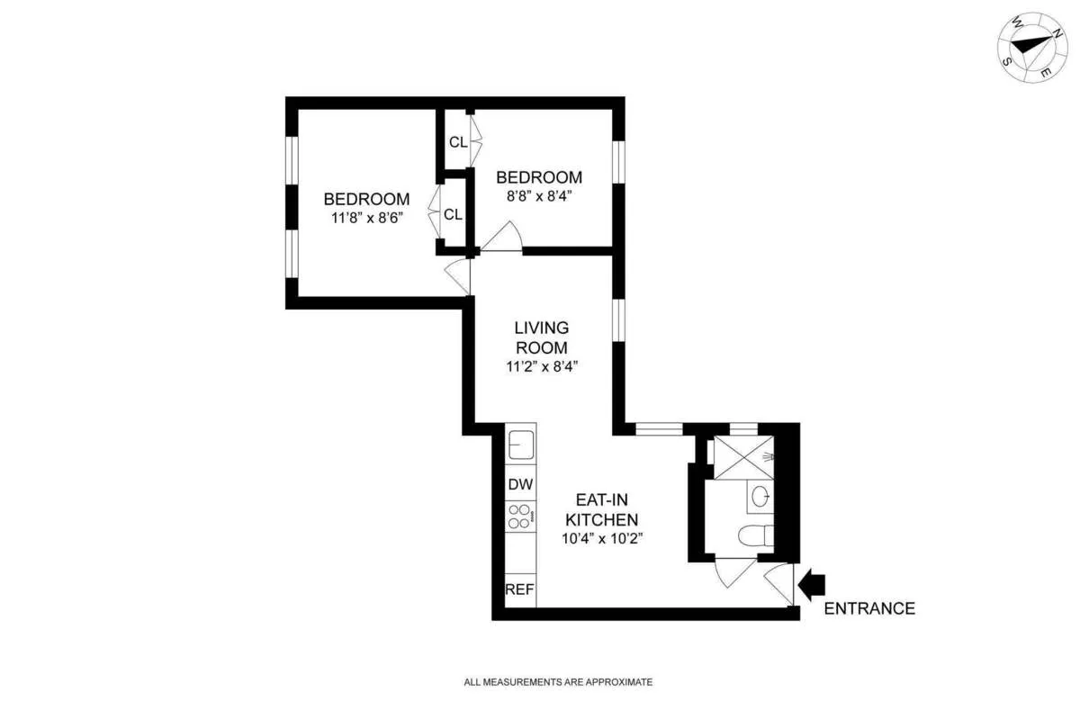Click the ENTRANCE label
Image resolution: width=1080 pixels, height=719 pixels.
pyautogui.click(x=869, y=608)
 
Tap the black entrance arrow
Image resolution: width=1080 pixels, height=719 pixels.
pyautogui.click(x=812, y=585)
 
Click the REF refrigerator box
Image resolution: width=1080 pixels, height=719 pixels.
pyautogui.click(x=520, y=590)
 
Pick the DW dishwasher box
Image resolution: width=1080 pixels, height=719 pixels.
pyautogui.click(x=520, y=484)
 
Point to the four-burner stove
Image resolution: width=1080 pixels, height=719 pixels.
pyautogui.click(x=520, y=516)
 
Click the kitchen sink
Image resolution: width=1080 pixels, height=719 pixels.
pyautogui.click(x=521, y=445)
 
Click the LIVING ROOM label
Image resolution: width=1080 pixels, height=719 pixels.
pyautogui.click(x=541, y=337)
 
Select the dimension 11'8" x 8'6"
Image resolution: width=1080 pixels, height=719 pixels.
pyautogui.click(x=367, y=218)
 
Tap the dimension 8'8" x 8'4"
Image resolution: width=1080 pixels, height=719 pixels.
pyautogui.click(x=539, y=197)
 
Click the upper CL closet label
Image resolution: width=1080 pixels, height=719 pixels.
pyautogui.click(x=457, y=141)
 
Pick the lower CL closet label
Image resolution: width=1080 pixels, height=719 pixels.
pyautogui.click(x=453, y=214)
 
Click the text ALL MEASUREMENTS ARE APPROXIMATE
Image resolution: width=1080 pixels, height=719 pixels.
pyautogui.click(x=558, y=682)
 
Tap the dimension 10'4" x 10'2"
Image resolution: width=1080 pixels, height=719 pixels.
pyautogui.click(x=602, y=538)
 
